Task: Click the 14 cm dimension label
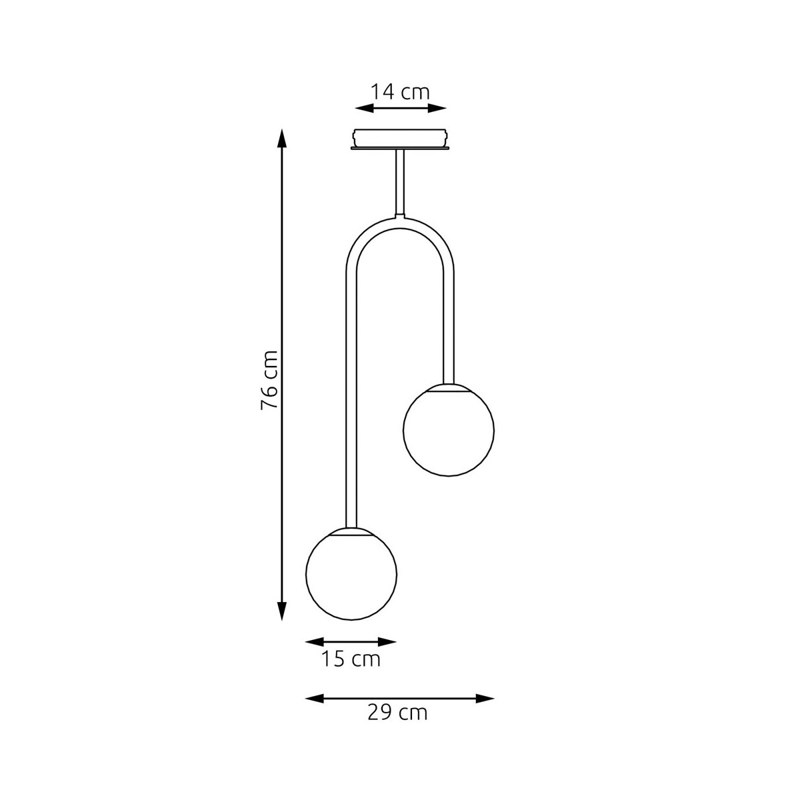pyautogui.click(x=399, y=92)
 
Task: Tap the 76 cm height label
pyautogui.click(x=269, y=380)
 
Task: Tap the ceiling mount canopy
pyautogui.click(x=400, y=139)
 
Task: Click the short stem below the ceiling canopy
pyautogui.click(x=400, y=183)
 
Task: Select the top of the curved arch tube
pyautogui.click(x=400, y=222)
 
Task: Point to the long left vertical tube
pyautogui.click(x=351, y=401)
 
